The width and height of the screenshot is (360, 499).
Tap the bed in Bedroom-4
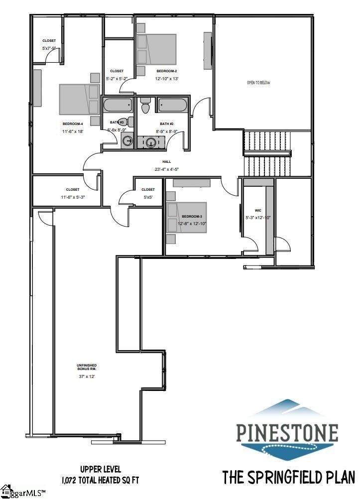click(79, 99)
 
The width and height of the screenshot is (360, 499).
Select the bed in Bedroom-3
click(187, 217)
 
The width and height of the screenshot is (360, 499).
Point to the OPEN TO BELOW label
click(258, 83)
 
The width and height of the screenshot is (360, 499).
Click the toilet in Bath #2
click(146, 106)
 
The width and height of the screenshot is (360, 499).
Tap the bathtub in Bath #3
click(118, 106)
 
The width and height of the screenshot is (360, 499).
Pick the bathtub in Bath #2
click(172, 106)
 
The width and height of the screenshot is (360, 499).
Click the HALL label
click(167, 162)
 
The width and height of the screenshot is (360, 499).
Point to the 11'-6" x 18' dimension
click(73, 131)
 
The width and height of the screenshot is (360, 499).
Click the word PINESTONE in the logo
click(287, 433)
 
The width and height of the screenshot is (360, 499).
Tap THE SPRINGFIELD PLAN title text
click(288, 477)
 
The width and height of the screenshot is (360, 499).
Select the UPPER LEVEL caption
click(100, 469)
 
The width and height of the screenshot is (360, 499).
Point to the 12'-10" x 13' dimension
click(167, 79)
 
